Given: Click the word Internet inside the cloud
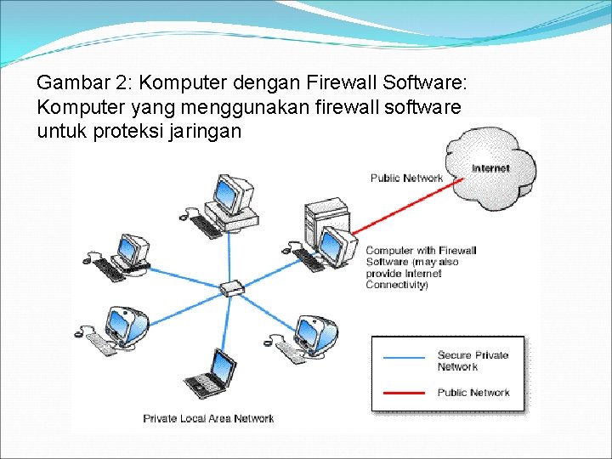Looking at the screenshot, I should point(490,168).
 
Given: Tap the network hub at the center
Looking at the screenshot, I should point(231,288).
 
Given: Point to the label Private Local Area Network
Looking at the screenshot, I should point(208,418).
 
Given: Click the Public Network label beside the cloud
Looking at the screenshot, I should point(406,178).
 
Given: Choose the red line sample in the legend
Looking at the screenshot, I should point(405,393).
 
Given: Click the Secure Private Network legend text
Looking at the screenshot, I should point(473,360).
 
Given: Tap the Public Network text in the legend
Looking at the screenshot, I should point(473,393).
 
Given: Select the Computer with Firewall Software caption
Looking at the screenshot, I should point(421,267).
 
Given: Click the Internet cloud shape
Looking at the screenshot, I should point(493,161).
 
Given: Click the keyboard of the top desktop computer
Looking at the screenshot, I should point(206,226).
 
